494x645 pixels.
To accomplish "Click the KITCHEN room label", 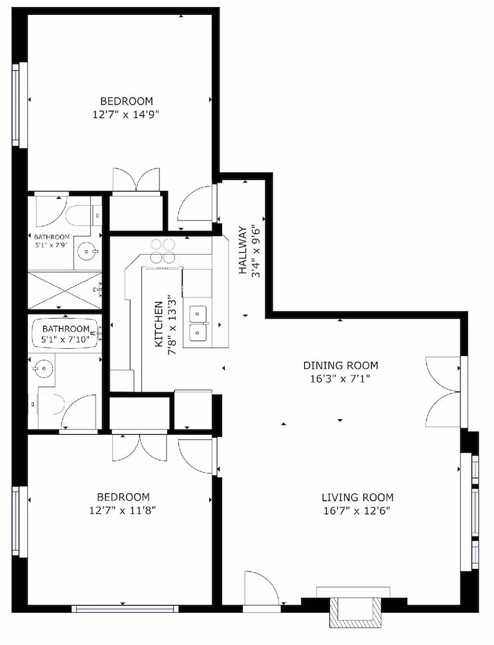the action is click(159, 324).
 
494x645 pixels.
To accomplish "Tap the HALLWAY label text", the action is click(242, 250).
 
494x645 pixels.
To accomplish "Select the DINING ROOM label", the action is click(340, 365).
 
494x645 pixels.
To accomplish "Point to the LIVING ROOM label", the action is click(357, 497).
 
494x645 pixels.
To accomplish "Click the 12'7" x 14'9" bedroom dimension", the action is click(126, 114).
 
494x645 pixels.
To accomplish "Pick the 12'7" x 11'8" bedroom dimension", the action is click(122, 510).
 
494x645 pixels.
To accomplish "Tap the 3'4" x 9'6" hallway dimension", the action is click(256, 251).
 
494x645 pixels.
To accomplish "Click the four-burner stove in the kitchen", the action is click(163, 251).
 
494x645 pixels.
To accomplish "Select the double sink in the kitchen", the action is click(198, 324).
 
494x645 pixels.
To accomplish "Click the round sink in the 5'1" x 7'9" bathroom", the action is click(87, 250).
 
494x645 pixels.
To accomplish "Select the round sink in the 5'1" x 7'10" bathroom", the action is click(43, 368).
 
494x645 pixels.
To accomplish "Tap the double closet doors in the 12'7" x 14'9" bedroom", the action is click(136, 180).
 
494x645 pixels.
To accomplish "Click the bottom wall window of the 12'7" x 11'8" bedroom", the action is click(125, 608).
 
